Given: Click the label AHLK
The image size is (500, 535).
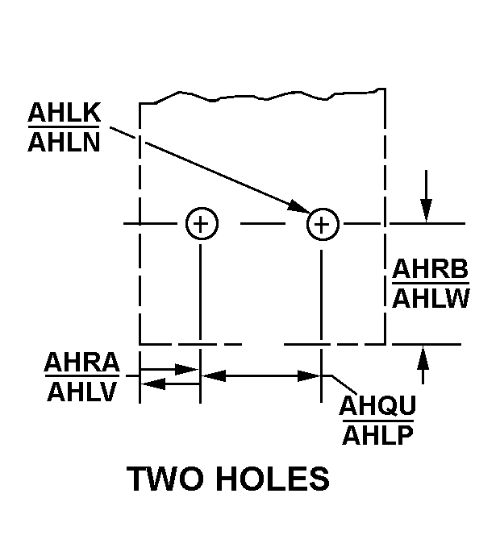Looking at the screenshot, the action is (x=65, y=112).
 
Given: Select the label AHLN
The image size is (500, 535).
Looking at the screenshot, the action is (x=64, y=142).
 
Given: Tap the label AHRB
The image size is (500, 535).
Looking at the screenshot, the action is (x=431, y=268).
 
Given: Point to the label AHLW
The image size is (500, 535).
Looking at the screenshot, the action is (x=431, y=299).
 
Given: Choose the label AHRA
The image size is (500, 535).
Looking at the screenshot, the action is (x=82, y=362).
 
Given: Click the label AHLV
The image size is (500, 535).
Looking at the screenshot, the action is (x=82, y=392).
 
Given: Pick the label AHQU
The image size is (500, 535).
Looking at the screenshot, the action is (x=377, y=405).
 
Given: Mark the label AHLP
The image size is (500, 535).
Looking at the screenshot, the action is (x=377, y=435).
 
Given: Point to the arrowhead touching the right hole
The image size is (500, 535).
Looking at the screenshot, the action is (x=298, y=206).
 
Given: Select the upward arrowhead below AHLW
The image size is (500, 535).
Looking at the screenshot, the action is (x=423, y=357).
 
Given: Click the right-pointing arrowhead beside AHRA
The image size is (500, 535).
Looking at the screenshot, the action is (x=186, y=369).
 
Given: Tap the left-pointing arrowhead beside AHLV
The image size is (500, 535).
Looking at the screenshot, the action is (x=153, y=384).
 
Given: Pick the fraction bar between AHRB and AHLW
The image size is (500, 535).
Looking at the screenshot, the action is (x=431, y=283).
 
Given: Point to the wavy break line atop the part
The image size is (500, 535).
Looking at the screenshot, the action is (x=262, y=96).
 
